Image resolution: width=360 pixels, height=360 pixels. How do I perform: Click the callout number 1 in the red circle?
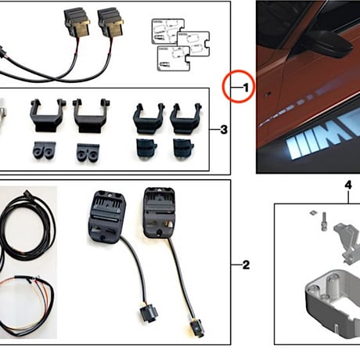[x=243, y=88]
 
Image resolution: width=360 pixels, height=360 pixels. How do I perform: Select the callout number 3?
[x=224, y=129]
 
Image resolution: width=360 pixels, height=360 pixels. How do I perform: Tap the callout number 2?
[x=246, y=265]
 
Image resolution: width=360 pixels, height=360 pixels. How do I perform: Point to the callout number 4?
[x=347, y=185]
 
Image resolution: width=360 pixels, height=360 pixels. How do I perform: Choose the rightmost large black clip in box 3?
[x=185, y=117]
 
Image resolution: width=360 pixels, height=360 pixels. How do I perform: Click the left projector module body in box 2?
[x=106, y=215]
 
